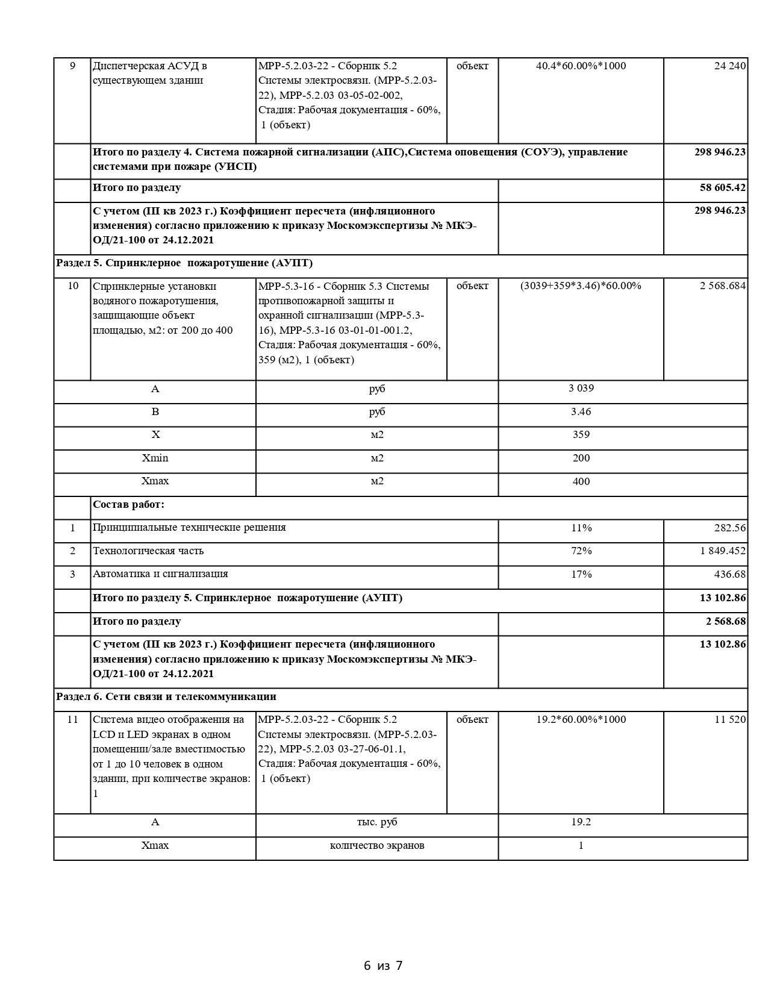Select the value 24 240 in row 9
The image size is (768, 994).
click(x=730, y=66)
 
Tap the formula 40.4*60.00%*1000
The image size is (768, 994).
click(x=581, y=66)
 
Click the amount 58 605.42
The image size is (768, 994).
click(x=722, y=188)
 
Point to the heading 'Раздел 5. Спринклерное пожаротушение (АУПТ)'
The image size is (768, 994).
click(x=184, y=263)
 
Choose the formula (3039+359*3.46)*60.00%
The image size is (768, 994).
click(x=581, y=286)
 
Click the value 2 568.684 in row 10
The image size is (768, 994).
click(x=722, y=286)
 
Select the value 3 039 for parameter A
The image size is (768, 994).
click(x=581, y=389)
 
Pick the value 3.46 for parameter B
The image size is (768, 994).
click(x=581, y=412)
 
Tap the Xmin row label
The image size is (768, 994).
click(x=155, y=458)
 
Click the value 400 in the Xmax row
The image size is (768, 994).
click(x=581, y=482)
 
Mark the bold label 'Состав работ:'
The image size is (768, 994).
click(x=128, y=505)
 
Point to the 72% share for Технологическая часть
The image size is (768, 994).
click(x=581, y=551)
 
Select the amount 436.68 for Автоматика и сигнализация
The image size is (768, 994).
click(x=730, y=575)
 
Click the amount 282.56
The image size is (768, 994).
click(x=730, y=528)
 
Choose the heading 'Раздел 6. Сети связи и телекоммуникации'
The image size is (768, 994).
click(x=166, y=697)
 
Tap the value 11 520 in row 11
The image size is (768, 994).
click(x=730, y=720)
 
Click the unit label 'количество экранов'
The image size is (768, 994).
click(x=377, y=846)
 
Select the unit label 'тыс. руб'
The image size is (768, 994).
click(x=377, y=822)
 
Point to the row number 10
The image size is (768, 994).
click(x=73, y=286)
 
